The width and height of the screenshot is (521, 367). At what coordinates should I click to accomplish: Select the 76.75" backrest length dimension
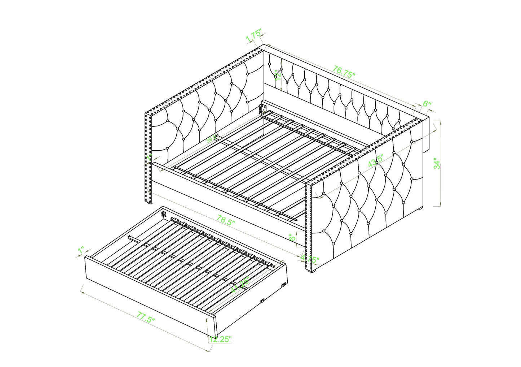pos(344,72)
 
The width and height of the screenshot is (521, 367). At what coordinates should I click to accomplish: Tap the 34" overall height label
pos(437,164)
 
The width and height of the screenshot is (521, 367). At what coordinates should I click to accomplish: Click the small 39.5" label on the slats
pos(212,139)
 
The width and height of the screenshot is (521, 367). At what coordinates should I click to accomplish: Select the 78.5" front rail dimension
pos(226,220)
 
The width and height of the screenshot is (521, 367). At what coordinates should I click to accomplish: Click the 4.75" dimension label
pos(310,259)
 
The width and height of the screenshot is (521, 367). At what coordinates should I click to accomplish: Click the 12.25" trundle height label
pos(220,339)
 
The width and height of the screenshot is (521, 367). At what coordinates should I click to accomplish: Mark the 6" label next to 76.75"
pos(427,104)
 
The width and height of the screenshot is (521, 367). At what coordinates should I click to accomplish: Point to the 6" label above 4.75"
pos(293,237)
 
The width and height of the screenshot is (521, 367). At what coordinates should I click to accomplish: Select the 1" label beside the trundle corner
pos(81,250)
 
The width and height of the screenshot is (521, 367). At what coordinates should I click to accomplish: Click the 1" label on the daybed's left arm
pos(150,157)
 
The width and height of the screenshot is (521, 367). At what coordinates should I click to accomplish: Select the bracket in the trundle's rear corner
pos(164,214)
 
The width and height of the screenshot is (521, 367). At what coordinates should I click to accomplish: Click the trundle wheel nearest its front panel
pos(262,301)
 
